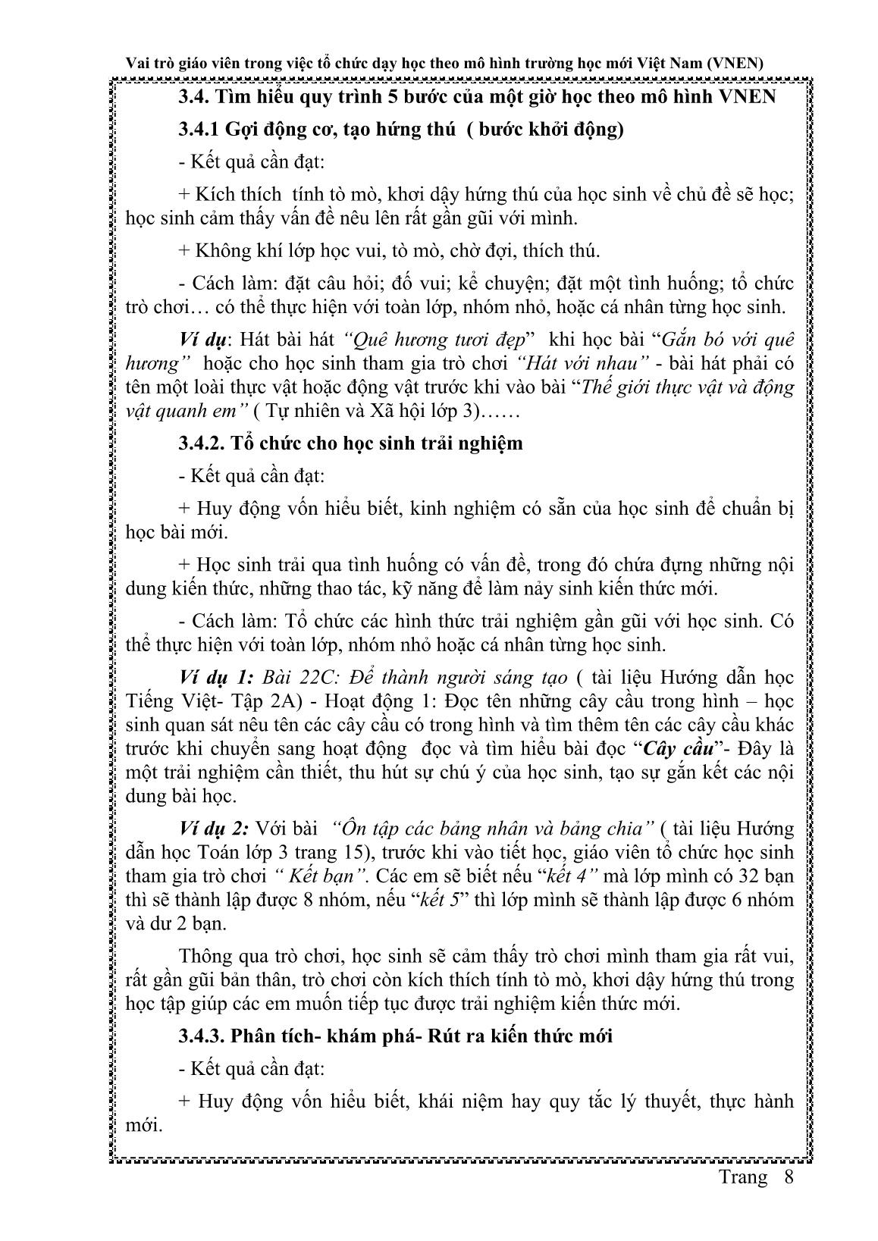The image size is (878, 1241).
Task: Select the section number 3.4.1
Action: [x=199, y=130]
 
